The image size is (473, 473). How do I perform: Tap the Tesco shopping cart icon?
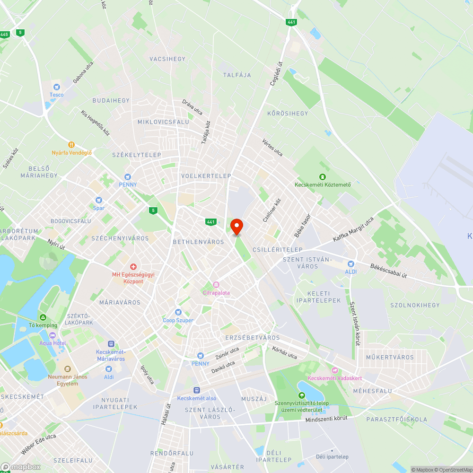pos(57,87)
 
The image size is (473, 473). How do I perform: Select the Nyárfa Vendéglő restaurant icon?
pos(71,145)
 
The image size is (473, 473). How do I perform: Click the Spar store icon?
pos(98,200)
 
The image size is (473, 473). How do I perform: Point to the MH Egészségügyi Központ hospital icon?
pos(133,267)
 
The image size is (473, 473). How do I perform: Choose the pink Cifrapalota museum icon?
pos(216,285)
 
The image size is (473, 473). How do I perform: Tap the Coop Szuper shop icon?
pos(178,312)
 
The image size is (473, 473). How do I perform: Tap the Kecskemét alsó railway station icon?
pos(196,390)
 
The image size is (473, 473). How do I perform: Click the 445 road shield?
pos(5,34)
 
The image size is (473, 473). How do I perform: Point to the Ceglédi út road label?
pos(276,74)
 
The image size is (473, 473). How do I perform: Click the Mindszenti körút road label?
pos(326,419)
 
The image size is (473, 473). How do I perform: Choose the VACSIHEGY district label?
pos(167,59)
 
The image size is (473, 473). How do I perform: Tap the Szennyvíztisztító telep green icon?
pos(301,395)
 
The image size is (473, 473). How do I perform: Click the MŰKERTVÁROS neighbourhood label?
pos(390,357)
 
